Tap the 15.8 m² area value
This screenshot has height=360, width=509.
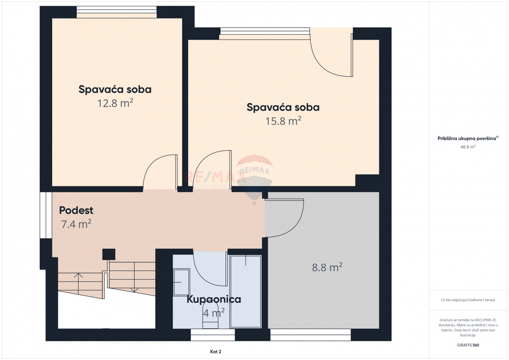[x=283, y=121]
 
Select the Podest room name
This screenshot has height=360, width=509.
[x=76, y=210]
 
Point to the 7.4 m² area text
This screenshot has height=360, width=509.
[x=76, y=224]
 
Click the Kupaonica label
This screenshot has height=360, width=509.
[x=214, y=299]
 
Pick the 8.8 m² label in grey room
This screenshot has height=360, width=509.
[x=327, y=268]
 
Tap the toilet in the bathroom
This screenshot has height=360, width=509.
[x=210, y=316]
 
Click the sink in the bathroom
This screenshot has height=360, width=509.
[x=181, y=282]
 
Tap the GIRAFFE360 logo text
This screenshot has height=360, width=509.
[x=468, y=345]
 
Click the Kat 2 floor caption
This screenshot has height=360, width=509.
[x=215, y=352]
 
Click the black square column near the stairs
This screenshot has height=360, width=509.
[x=109, y=254]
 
